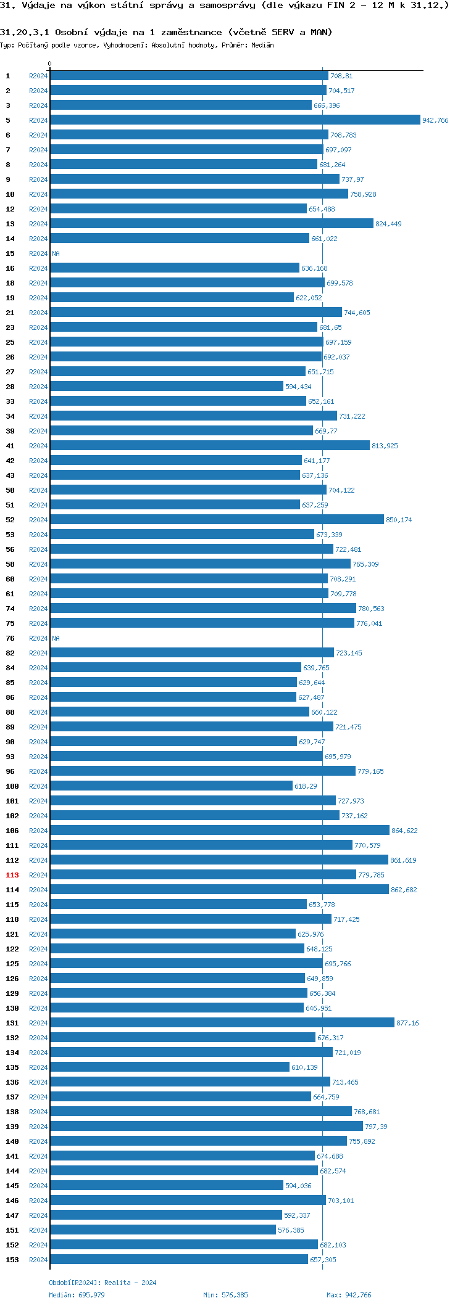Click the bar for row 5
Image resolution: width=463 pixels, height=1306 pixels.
235,120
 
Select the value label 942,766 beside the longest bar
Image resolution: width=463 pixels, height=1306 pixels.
435,121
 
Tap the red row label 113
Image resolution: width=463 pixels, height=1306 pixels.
12,875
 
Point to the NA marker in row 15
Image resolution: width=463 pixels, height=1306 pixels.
56,253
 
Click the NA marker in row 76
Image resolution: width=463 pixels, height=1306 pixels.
56,638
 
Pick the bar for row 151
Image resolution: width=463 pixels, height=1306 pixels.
163,1230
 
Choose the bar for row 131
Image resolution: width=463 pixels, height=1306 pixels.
222,1023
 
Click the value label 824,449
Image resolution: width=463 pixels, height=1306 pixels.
388,224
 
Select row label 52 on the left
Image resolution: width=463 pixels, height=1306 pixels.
10,520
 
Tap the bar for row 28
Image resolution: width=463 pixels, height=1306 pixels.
167,387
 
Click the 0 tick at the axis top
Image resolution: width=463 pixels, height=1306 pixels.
50,64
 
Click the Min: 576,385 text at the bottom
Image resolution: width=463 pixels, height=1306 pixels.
225,1295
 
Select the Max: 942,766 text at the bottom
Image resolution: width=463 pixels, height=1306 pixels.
349,1295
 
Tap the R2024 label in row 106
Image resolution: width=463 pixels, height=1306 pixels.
38,831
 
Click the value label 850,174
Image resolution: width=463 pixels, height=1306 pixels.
399,520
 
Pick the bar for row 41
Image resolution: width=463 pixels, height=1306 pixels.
210,446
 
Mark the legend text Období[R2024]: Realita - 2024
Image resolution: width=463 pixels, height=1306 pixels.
102,1283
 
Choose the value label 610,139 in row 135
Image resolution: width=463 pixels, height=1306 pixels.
304,1068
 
